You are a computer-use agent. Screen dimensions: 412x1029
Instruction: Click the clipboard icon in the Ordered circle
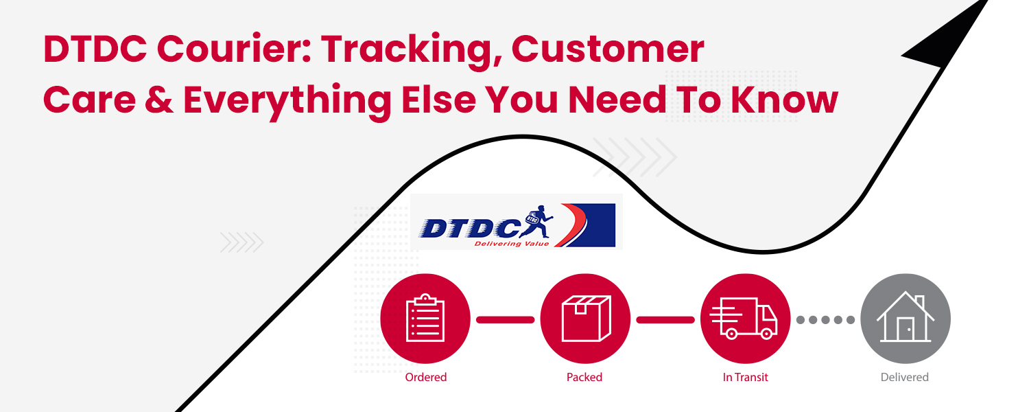(425, 319)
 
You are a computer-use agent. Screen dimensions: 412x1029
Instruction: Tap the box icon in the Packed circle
(585, 319)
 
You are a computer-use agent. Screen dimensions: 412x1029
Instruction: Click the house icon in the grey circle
(905, 319)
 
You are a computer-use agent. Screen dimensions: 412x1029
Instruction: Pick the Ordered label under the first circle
(425, 377)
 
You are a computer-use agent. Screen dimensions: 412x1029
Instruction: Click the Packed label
(584, 377)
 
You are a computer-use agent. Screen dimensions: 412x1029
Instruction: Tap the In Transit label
(745, 377)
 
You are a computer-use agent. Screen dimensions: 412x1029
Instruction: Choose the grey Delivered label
(904, 377)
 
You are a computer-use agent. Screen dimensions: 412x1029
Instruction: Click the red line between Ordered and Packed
(505, 319)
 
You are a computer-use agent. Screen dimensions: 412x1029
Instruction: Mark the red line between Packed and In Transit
(665, 319)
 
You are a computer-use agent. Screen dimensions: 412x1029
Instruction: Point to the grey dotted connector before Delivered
(825, 319)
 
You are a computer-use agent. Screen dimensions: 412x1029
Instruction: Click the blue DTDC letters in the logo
(466, 227)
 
